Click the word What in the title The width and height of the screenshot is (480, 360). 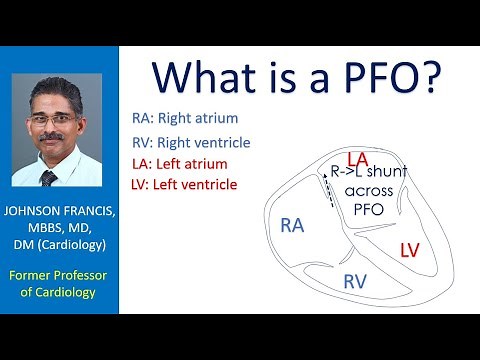[x=209, y=78]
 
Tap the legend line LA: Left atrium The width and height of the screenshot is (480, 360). [x=180, y=163]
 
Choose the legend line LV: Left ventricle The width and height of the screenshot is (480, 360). [x=185, y=185]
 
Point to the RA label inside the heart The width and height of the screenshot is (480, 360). [x=292, y=227]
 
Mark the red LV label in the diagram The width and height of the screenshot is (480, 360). [x=410, y=249]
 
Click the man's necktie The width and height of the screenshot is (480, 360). [x=51, y=178]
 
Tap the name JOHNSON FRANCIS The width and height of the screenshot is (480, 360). [x=60, y=213]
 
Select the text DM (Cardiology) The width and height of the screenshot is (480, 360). [x=60, y=248]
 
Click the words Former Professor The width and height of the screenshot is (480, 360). [x=60, y=276]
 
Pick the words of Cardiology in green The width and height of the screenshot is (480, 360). [x=60, y=294]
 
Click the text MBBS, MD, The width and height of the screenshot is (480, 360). [x=60, y=231]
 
